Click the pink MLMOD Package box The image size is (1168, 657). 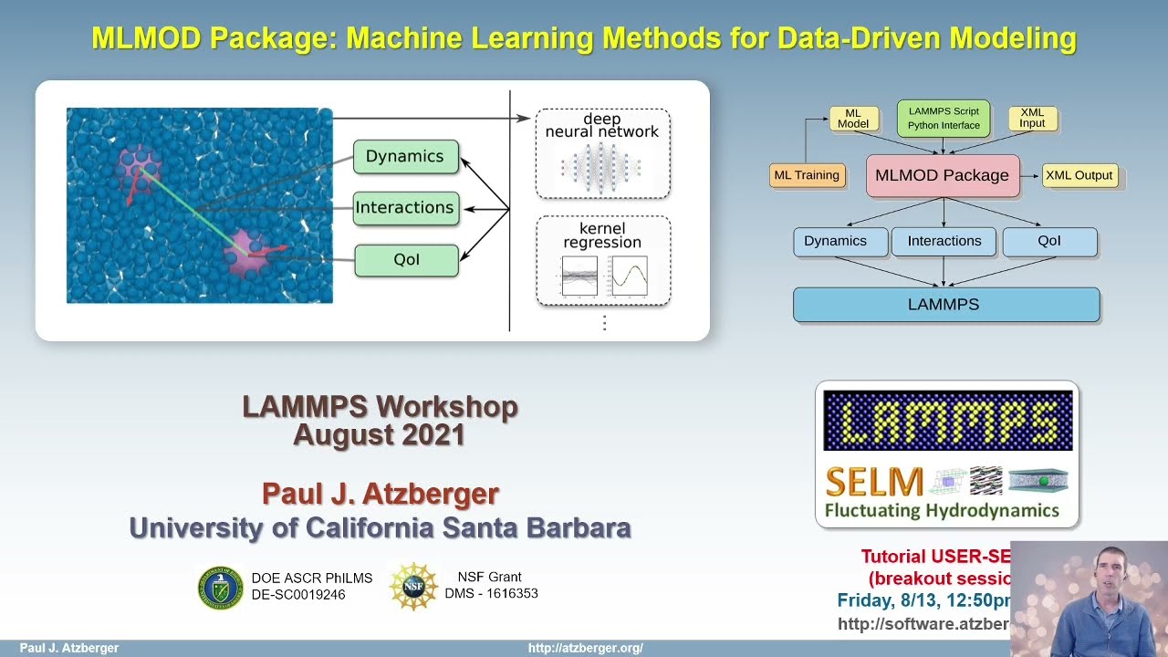tap(942, 175)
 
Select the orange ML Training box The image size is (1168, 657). tap(806, 175)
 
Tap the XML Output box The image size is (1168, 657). tap(1079, 175)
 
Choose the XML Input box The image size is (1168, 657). tap(1032, 118)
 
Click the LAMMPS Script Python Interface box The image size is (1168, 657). tap(944, 119)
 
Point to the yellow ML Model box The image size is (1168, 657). tap(853, 119)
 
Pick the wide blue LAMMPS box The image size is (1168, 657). tap(945, 305)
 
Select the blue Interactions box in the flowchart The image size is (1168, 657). tap(944, 241)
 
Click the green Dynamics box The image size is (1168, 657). tap(405, 157)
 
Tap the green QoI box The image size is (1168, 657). tap(406, 260)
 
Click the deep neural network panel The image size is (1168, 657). tap(602, 153)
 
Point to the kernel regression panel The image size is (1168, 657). tap(602, 260)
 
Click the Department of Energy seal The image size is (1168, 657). tap(221, 587)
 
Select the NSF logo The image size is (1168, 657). tap(413, 586)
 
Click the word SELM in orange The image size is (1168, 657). tap(873, 482)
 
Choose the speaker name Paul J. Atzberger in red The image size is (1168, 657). tap(381, 494)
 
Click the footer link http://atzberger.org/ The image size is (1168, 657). tap(585, 649)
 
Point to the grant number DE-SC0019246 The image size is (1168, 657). tap(298, 595)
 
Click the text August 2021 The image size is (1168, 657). tap(380, 435)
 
